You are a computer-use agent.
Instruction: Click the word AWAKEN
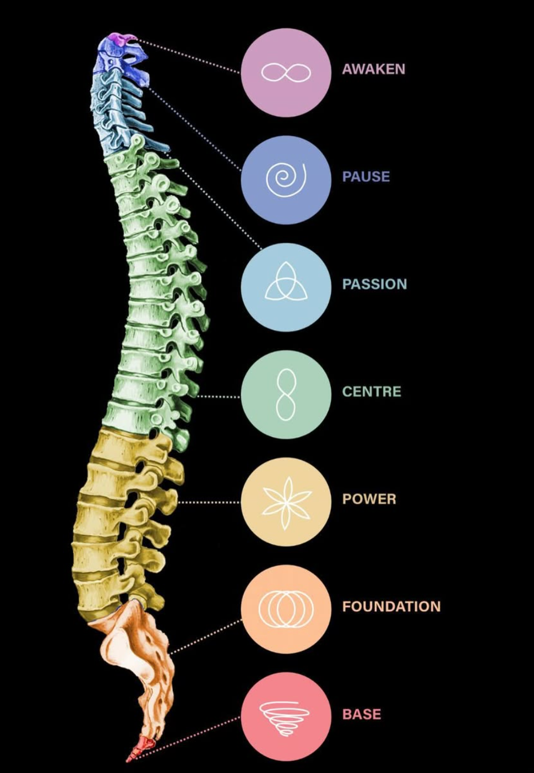coord(373,69)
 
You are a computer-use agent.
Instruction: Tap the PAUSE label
coord(366,177)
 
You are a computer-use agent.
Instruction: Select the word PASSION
coord(374,284)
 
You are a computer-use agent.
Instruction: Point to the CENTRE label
coord(372,391)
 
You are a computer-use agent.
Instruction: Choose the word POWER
coord(369,499)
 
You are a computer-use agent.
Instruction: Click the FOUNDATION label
coord(391,606)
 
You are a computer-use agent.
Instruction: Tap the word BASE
coord(362,714)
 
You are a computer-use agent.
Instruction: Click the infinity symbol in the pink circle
coord(286,72)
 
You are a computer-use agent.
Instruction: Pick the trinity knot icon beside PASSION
coord(286,282)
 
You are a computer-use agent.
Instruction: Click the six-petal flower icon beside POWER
coord(286,500)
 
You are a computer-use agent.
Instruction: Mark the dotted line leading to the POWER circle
coord(209,502)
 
